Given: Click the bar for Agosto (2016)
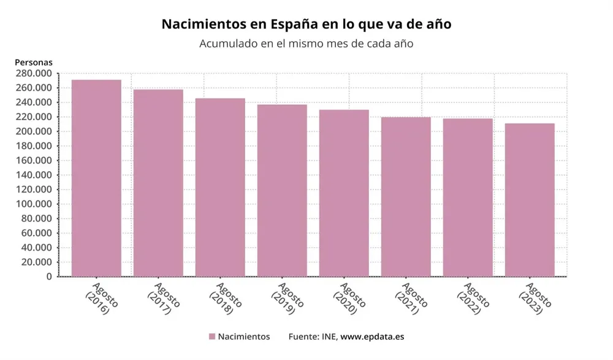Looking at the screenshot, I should [96, 178].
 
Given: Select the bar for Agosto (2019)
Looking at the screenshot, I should [282, 190].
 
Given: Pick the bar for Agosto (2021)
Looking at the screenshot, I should [405, 196].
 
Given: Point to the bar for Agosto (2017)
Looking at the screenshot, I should [158, 183].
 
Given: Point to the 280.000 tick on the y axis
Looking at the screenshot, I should [33, 73].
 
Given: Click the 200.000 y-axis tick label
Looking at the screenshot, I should [33, 131].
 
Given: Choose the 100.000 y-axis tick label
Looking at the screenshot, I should [33, 204].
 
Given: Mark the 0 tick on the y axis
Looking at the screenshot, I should [49, 277].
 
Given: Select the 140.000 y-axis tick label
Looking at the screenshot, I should [33, 175].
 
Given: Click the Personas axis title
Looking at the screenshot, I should [34, 62].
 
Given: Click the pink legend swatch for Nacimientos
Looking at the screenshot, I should [212, 337].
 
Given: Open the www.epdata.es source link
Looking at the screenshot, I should [372, 337].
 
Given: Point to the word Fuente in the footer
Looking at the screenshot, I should [303, 337].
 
